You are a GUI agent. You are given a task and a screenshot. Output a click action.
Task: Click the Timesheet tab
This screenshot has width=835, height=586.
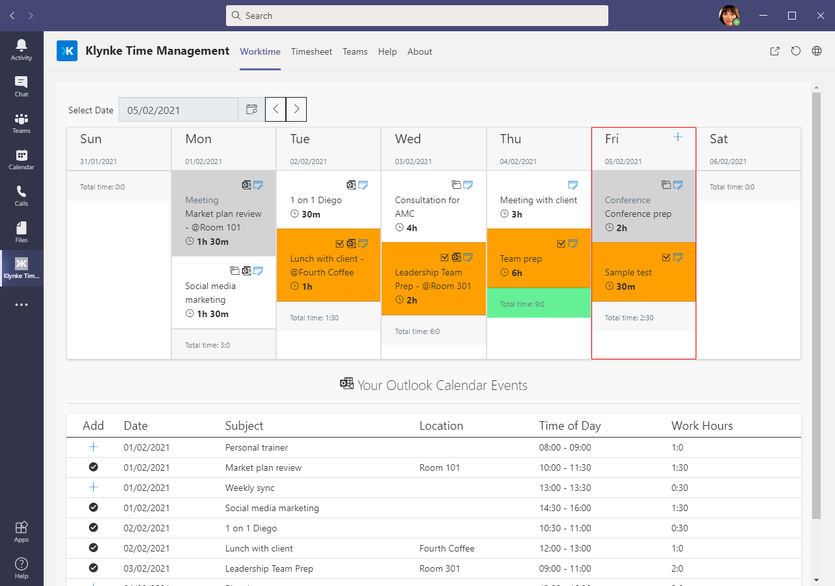(x=311, y=51)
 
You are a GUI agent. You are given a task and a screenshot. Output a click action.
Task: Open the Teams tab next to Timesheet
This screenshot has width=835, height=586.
(x=355, y=51)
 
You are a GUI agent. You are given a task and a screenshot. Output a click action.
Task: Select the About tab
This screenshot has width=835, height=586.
(x=419, y=51)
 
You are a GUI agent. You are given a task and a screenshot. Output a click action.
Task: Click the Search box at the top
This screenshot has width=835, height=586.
(x=417, y=16)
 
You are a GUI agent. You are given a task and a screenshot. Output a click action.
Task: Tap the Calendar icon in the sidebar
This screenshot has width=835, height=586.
(x=21, y=159)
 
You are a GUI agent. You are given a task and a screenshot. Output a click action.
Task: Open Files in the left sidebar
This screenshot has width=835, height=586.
(x=21, y=232)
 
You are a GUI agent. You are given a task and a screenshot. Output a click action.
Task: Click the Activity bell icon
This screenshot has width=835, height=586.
(x=21, y=49)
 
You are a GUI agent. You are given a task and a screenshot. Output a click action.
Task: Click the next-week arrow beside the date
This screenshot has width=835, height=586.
(x=296, y=109)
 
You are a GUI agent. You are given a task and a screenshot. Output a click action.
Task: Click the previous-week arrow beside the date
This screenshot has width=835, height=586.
(x=276, y=109)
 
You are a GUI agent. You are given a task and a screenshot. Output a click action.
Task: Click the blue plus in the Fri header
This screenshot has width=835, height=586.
(x=677, y=137)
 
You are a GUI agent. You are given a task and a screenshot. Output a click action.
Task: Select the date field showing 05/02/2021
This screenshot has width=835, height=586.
(x=178, y=110)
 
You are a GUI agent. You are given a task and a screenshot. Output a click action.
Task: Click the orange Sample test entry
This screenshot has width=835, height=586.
(x=644, y=272)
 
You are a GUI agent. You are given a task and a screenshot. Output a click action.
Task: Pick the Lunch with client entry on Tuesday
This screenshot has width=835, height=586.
(x=328, y=266)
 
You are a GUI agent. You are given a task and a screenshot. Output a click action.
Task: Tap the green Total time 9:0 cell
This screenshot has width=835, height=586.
(x=539, y=303)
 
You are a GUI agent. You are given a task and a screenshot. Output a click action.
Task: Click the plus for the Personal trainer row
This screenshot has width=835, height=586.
(x=93, y=447)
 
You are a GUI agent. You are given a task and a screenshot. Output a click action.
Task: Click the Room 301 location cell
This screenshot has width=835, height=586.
(x=440, y=568)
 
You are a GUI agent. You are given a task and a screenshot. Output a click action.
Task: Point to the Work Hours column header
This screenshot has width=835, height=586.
(x=702, y=426)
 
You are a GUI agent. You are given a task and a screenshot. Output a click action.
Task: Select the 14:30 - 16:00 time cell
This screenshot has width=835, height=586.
(x=565, y=508)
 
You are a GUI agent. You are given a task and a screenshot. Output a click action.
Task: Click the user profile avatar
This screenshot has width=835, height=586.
(x=729, y=16)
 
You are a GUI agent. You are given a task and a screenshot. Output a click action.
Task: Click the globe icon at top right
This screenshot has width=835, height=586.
(x=817, y=51)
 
